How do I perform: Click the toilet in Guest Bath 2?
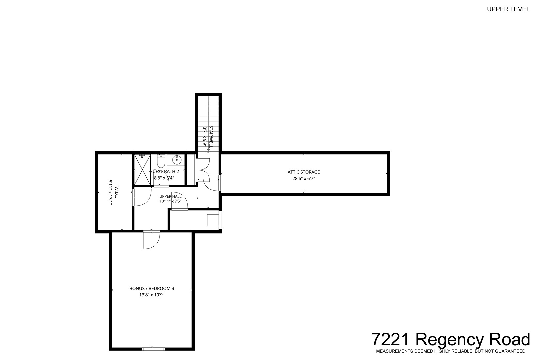[161, 161]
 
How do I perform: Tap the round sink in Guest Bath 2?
[177, 159]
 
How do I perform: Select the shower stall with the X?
[142, 170]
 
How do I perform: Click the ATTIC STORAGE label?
[304, 172]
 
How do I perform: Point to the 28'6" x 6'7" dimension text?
[304, 178]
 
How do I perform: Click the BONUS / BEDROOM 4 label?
[152, 288]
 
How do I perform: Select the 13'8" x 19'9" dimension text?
[152, 295]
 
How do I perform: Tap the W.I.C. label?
[117, 192]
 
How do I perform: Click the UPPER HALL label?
[170, 197]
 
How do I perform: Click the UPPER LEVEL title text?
[508, 9]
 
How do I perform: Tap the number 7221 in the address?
[391, 339]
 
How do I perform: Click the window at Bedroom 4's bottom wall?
[154, 349]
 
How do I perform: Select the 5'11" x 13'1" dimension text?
[110, 192]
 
